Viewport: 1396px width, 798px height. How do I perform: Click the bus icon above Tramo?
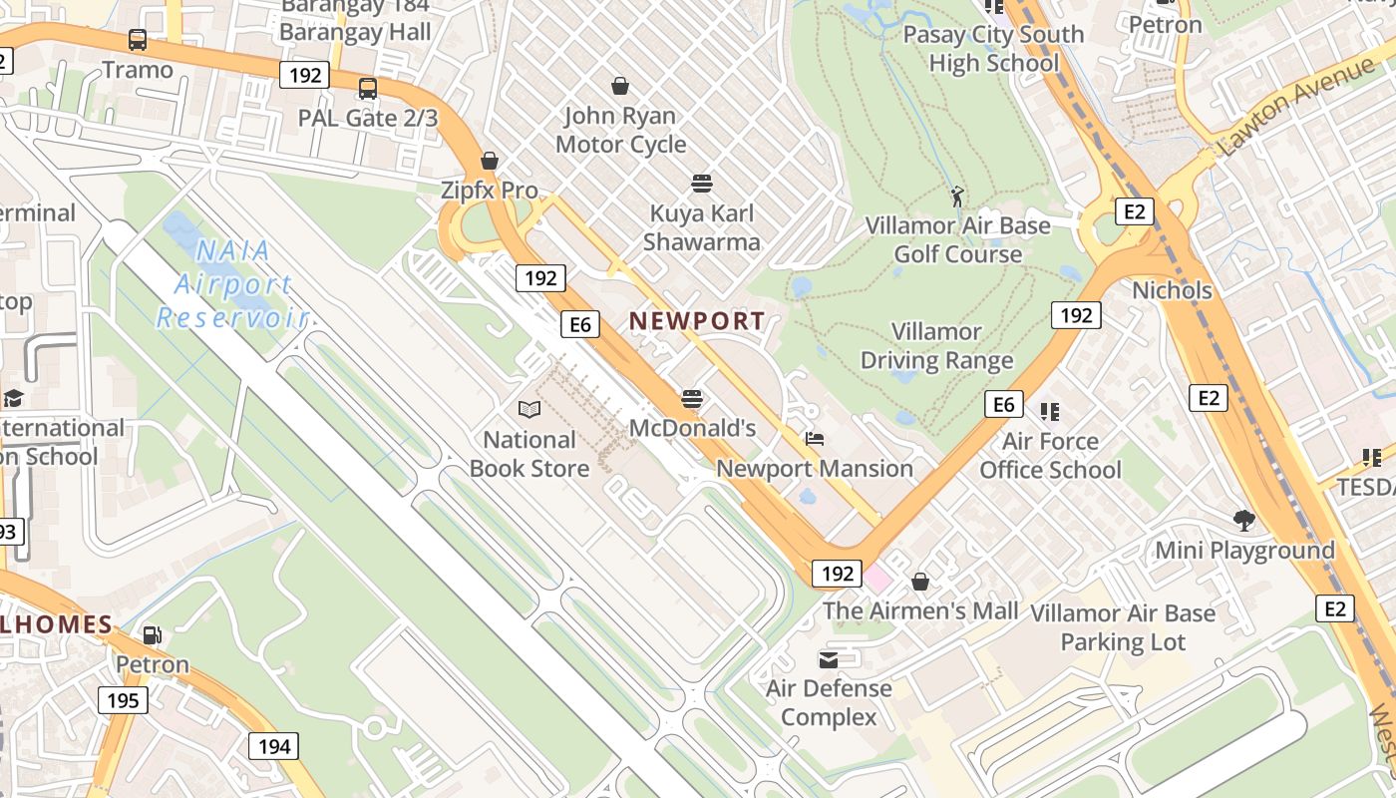(x=138, y=41)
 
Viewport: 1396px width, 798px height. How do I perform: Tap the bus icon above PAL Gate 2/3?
(x=368, y=89)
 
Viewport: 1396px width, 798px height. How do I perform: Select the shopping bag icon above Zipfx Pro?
(x=490, y=161)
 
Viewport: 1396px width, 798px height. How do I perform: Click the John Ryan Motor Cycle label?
(x=620, y=130)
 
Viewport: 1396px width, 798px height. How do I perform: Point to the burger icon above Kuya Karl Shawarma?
(x=702, y=184)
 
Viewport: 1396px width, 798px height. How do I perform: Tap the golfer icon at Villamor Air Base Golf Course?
(x=957, y=197)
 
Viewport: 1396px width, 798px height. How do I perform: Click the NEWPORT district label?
(x=697, y=321)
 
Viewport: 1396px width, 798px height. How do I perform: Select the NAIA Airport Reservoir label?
(x=231, y=284)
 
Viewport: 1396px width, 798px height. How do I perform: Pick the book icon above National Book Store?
(x=529, y=409)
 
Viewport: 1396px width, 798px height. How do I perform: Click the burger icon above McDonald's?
(x=692, y=399)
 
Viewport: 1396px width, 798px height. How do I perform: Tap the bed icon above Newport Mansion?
(x=815, y=438)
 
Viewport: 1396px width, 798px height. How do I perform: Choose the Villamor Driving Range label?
(x=936, y=346)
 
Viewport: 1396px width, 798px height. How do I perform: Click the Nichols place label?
(x=1172, y=290)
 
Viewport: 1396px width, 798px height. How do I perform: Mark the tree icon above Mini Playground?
(x=1243, y=520)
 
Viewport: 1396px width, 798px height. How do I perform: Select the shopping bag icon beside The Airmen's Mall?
(x=920, y=581)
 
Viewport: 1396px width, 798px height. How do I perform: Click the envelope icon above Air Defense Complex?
(x=829, y=659)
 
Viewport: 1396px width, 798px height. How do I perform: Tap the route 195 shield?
(x=123, y=700)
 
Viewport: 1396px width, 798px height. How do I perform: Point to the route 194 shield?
(x=274, y=746)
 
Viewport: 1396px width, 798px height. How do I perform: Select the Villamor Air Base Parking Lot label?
(x=1123, y=627)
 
